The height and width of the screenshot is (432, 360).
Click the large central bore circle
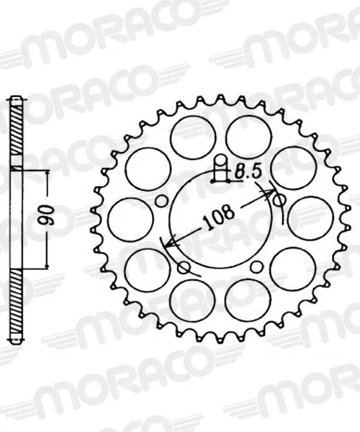tap(220, 220)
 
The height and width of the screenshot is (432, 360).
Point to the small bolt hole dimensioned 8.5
tap(220, 160)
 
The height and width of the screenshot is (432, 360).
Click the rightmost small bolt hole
tap(279, 201)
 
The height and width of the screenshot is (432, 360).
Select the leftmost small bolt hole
tap(161, 201)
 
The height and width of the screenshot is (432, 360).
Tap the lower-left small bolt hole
tap(184, 268)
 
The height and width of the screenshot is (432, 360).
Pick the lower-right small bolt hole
tap(256, 266)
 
